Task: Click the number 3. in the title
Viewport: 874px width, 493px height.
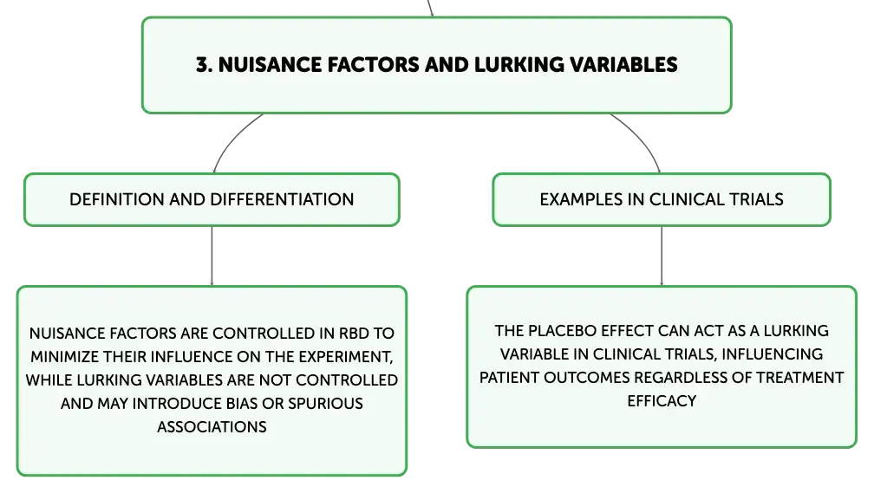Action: [x=204, y=65]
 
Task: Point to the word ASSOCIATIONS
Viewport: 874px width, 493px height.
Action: [x=212, y=426]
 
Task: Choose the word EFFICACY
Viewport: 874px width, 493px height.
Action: [x=662, y=401]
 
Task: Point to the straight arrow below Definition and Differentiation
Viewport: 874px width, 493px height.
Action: [x=212, y=256]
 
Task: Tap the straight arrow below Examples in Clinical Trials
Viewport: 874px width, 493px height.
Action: [x=662, y=256]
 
